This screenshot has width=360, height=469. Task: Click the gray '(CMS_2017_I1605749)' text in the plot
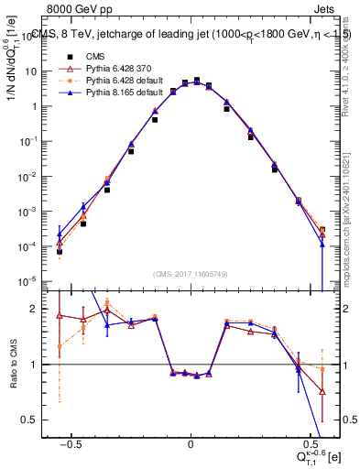pos(191,274)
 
